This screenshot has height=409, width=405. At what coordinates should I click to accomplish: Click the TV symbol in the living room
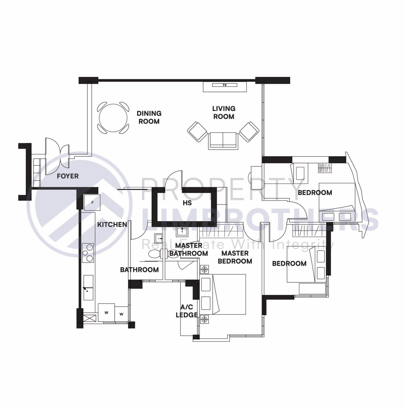(x=224, y=85)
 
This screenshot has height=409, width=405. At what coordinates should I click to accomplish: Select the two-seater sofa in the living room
(x=223, y=140)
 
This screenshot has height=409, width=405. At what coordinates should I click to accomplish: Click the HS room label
(x=187, y=203)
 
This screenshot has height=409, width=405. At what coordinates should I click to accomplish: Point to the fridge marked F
(x=92, y=202)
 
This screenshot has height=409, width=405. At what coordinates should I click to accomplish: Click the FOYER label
(x=68, y=176)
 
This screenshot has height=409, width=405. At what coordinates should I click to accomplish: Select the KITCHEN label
(x=112, y=224)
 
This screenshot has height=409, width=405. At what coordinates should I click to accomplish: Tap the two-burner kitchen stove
(x=88, y=253)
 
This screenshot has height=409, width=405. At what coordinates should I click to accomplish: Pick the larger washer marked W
(x=106, y=313)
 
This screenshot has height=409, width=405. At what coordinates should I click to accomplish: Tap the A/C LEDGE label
(x=187, y=311)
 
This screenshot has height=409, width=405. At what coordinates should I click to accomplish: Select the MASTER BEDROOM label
(x=235, y=257)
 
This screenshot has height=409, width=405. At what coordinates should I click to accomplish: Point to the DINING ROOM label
(x=149, y=117)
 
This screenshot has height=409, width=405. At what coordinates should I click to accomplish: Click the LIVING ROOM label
(x=224, y=112)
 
